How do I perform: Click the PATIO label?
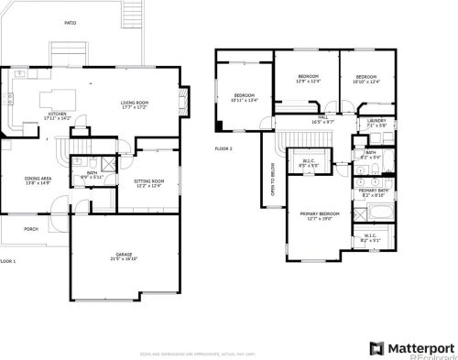point(71,22)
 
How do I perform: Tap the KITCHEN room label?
point(57,114)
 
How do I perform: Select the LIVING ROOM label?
point(135,103)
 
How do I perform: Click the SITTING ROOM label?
point(148,181)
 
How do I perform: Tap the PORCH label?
point(31,229)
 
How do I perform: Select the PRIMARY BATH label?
point(373,190)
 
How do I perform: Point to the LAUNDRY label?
point(376,120)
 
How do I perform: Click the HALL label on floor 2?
point(322,116)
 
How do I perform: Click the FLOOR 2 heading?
point(224,147)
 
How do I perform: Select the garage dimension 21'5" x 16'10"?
point(124,260)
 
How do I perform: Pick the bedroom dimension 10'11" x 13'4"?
point(244,100)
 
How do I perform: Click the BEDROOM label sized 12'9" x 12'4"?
point(308,76)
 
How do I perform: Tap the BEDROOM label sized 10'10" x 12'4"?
point(366,76)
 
